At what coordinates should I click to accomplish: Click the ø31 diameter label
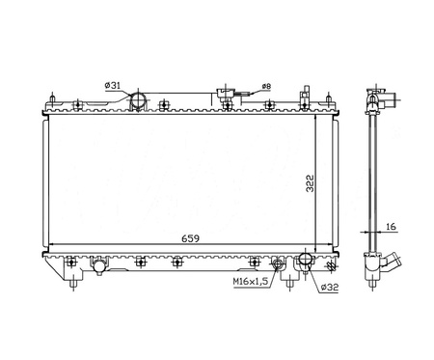pos(112,85)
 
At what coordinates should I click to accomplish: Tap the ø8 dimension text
pos(266,86)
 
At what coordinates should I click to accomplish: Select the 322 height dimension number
pos(310,183)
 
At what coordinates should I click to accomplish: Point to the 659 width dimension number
pos(190,238)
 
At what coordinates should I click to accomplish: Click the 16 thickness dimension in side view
pos(391,227)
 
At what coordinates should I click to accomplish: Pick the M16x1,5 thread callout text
pos(251,282)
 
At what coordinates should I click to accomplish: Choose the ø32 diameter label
pos(330,287)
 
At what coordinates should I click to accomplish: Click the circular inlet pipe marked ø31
pos(138,99)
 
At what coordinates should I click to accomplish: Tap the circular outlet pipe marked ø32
pos(306,259)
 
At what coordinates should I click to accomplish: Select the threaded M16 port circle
pos(277,264)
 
